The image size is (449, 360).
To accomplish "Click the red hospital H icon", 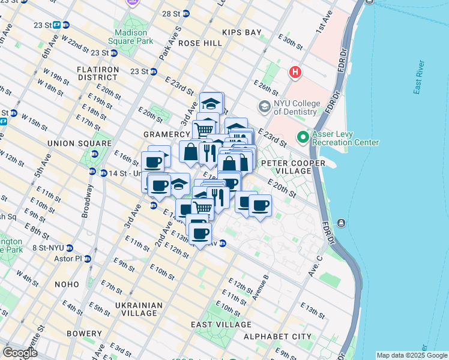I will point(295,73).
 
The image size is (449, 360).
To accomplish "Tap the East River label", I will point(420,80).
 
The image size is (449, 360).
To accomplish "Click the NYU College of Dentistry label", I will point(295,107).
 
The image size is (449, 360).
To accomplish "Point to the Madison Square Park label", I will point(130,37).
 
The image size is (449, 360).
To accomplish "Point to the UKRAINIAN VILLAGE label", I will point(139,309).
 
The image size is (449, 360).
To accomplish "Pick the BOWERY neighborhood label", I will point(85,334).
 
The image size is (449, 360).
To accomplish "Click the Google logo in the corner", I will point(20,353).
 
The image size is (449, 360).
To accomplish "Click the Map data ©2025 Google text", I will point(412,355).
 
